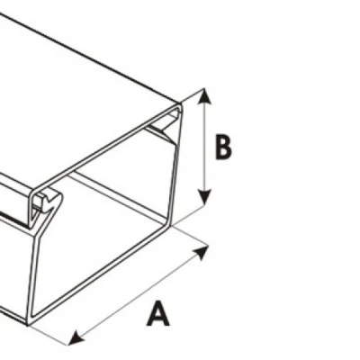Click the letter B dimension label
coord(223,148)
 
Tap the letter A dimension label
coord(158,314)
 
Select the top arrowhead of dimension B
coord(204,96)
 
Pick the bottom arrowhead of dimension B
coord(205,197)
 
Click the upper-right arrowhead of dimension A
coord(202,252)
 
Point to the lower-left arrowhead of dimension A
coord(76,337)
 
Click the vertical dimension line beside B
coord(204,147)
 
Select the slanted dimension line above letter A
coord(139,295)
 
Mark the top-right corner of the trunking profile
coord(180,105)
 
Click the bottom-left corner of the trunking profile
coord(29,323)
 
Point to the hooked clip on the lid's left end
coord(47,202)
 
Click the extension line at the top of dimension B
coord(193,96)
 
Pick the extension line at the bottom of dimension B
coord(190,214)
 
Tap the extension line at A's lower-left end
coord(49,335)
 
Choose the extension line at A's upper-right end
coord(190,237)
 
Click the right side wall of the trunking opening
coord(175,165)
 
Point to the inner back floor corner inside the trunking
coord(165,223)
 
